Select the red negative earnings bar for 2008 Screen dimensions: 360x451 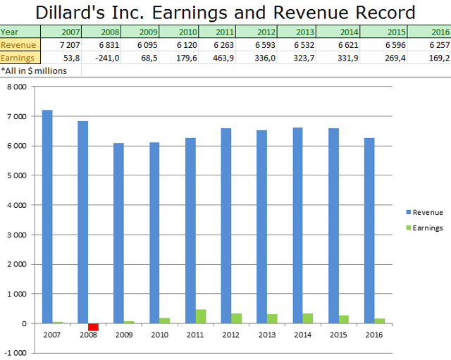(93, 327)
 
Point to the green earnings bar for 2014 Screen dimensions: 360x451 (308, 318)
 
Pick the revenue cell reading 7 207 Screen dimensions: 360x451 (68, 44)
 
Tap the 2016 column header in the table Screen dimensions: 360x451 (438, 32)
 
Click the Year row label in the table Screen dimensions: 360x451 (10, 32)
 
